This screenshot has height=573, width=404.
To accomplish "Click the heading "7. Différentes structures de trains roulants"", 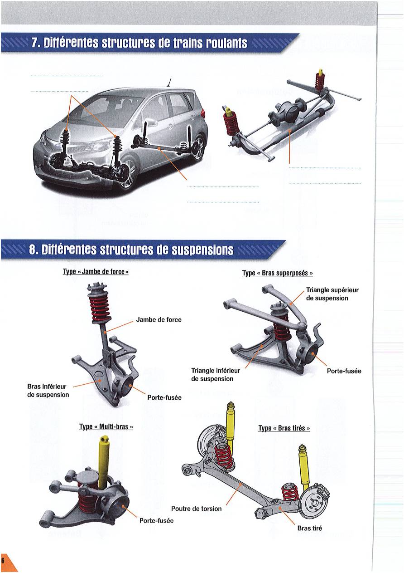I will [139, 43].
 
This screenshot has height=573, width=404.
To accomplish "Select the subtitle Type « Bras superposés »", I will [278, 273].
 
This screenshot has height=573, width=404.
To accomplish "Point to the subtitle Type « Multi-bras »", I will [106, 427].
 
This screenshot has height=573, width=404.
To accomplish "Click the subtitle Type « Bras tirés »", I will [284, 428].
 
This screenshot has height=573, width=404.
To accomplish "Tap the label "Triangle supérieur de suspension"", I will [332, 294].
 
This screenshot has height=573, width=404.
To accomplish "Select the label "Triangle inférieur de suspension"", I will [216, 375].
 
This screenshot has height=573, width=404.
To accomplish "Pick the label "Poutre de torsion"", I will [197, 509].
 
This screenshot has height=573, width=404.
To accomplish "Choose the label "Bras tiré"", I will [310, 528].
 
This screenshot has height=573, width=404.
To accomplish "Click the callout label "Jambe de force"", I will [159, 320].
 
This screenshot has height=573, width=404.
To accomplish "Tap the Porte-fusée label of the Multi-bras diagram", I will [156, 521].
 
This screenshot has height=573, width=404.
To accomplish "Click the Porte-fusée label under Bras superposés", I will [344, 371].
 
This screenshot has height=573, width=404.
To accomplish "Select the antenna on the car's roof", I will [168, 82].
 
